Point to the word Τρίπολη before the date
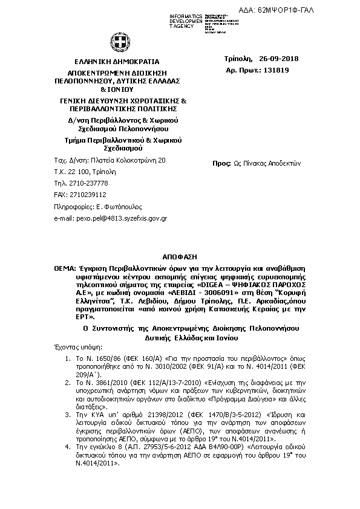tap(237, 59)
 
